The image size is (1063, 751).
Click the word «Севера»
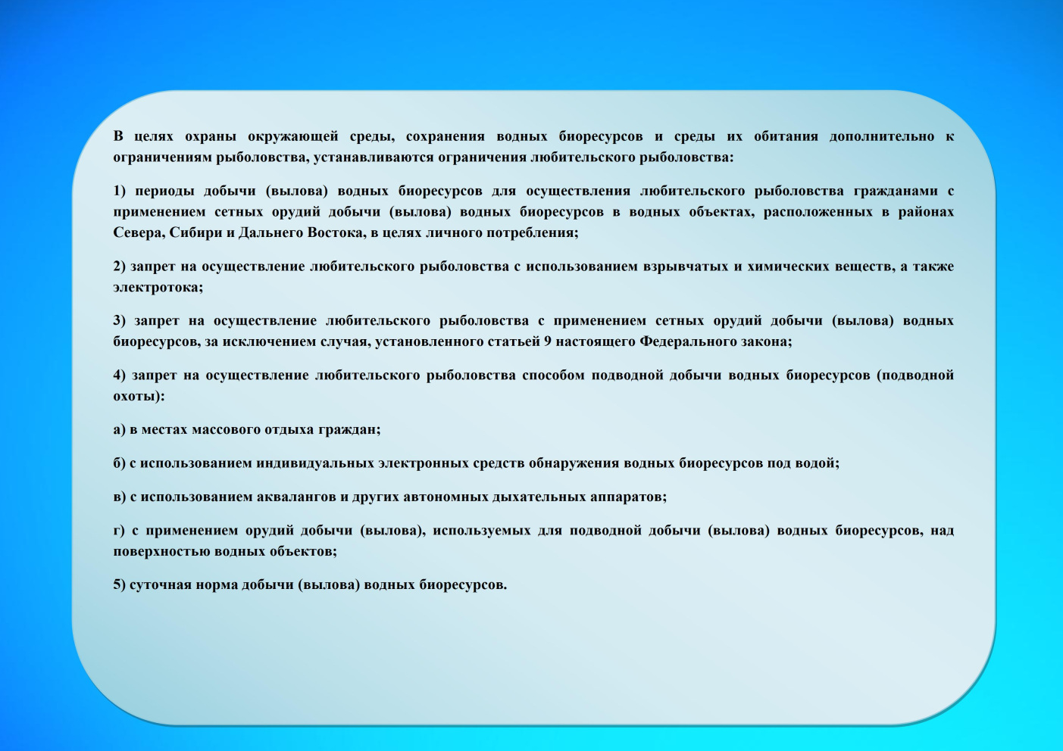[139, 232]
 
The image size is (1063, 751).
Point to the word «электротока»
[158, 288]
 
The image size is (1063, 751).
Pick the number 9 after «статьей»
[547, 341]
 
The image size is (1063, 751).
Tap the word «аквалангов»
[296, 497]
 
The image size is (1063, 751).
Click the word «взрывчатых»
[686, 266]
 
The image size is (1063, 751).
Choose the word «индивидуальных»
[315, 463]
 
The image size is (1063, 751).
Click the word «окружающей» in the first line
[292, 136]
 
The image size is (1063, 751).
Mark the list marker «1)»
[119, 191]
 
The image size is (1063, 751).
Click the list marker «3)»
[119, 321]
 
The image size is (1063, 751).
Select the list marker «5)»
[119, 585]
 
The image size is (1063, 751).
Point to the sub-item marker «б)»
[119, 463]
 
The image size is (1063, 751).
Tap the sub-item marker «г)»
[119, 531]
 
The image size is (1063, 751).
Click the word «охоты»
[136, 397]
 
